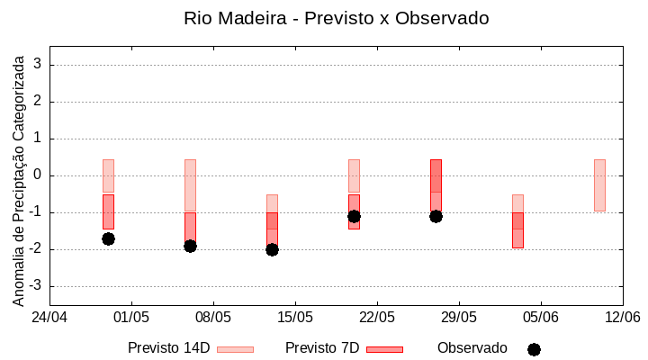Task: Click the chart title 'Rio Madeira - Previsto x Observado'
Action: pyautogui.click(x=336, y=18)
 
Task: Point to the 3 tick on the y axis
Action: pyautogui.click(x=38, y=65)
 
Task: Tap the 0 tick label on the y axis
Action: pyautogui.click(x=38, y=175)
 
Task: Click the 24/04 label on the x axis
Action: pyautogui.click(x=49, y=317)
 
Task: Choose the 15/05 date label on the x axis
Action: pyautogui.click(x=295, y=317)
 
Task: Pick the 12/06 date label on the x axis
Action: pyautogui.click(x=622, y=317)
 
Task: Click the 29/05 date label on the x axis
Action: pyautogui.click(x=459, y=317)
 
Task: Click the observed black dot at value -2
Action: pyautogui.click(x=272, y=249)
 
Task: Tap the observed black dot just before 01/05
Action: pyautogui.click(x=108, y=238)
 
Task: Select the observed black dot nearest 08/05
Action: pyautogui.click(x=190, y=246)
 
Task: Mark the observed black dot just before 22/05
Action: pyautogui.click(x=354, y=216)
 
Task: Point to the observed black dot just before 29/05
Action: pyautogui.click(x=436, y=216)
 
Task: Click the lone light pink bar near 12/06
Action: pyautogui.click(x=599, y=184)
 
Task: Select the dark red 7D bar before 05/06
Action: pyautogui.click(x=517, y=230)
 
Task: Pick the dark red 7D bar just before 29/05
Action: pyautogui.click(x=436, y=184)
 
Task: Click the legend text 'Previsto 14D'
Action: pyautogui.click(x=169, y=348)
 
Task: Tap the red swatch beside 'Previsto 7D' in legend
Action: pyautogui.click(x=385, y=349)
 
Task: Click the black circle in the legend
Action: pyautogui.click(x=534, y=349)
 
